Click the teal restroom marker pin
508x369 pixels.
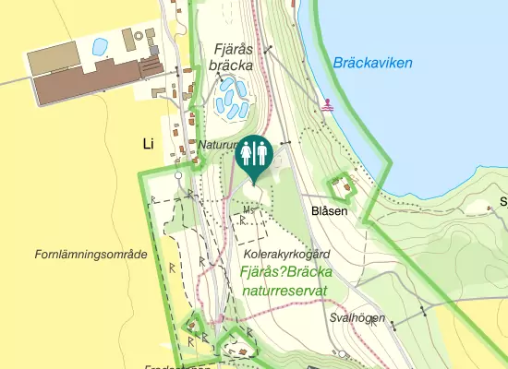(x=254, y=155)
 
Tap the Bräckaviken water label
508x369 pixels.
(x=372, y=64)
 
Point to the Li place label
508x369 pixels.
(x=147, y=143)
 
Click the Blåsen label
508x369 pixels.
(x=330, y=211)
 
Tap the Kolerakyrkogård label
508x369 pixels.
(x=287, y=253)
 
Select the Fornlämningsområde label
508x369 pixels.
(x=91, y=254)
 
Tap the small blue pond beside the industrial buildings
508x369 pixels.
(x=100, y=45)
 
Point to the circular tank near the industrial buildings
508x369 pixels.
(x=139, y=37)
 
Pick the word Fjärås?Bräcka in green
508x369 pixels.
(x=284, y=273)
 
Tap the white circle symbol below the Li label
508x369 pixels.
(x=178, y=174)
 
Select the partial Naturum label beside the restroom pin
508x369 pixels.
(x=218, y=146)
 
